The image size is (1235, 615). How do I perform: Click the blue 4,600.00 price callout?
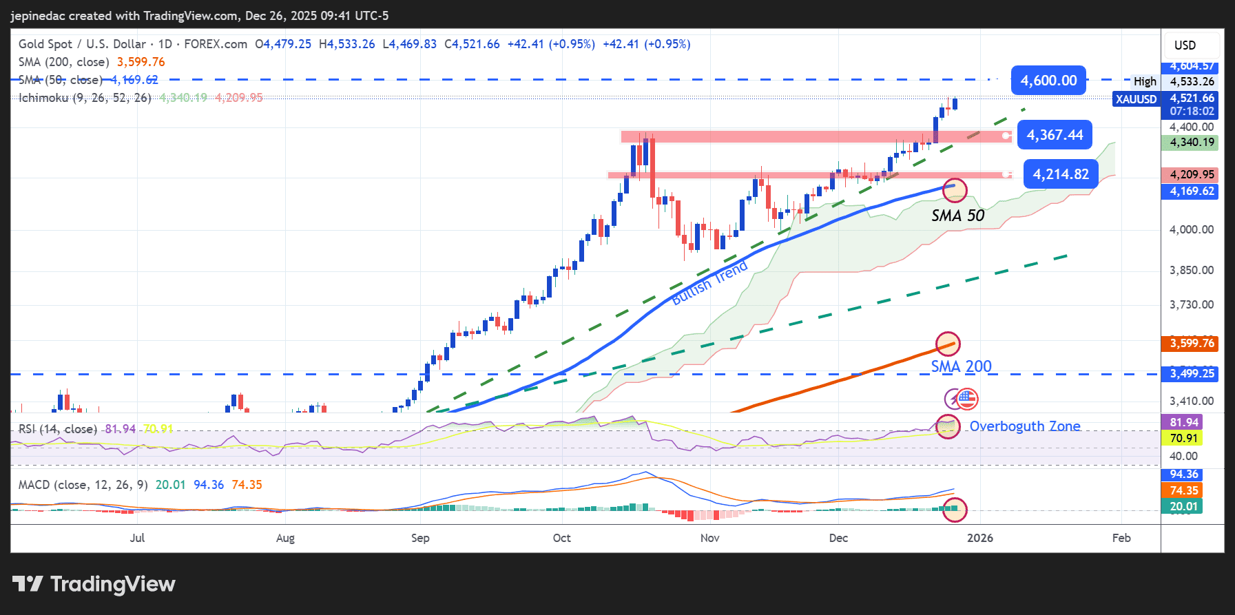pos(1048,81)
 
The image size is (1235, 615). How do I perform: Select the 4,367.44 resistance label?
pos(1055,135)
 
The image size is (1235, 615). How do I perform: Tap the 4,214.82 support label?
pos(1061,174)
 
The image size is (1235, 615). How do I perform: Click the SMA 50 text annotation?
pos(957,216)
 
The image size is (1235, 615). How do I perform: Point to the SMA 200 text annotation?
pos(961,366)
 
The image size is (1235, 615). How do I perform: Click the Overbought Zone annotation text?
pos(1024,426)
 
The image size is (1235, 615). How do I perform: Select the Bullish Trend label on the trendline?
pos(709,283)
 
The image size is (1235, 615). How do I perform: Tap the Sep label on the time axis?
pos(420,538)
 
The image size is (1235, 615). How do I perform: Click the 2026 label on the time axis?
pos(979,538)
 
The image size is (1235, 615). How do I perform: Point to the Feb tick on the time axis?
pos(1121,538)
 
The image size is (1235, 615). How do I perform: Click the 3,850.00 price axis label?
pos(1192,270)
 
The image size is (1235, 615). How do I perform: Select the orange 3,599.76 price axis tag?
pos(1192,343)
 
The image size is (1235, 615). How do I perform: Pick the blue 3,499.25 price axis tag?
pos(1192,373)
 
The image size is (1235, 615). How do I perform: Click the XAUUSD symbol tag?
pos(1136,99)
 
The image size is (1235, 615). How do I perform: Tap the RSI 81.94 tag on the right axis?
pos(1184,422)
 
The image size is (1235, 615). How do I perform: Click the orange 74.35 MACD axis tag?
pos(1184,490)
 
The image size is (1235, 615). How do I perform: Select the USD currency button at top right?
pos(1185,45)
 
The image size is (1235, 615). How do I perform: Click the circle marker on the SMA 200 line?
pos(948,344)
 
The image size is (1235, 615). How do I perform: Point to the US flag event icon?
pos(967,398)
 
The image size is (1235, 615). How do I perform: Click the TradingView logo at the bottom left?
pos(94,584)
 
